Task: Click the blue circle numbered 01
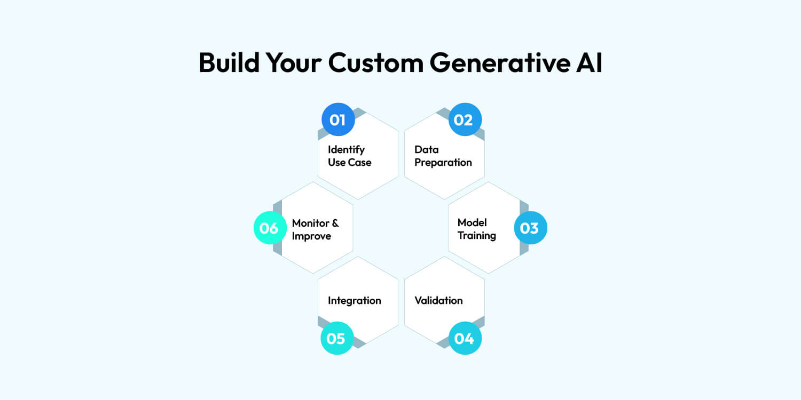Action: [337, 119]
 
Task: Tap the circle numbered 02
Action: [465, 119]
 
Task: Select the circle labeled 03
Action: [530, 228]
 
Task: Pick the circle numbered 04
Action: [465, 338]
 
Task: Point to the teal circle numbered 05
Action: [336, 338]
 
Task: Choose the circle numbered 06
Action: [270, 228]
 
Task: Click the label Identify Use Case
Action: [349, 156]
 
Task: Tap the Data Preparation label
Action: [443, 156]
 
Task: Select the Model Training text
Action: [476, 229]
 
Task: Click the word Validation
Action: [438, 300]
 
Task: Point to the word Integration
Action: [354, 300]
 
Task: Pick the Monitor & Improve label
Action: [315, 229]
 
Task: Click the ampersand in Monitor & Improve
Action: [334, 223]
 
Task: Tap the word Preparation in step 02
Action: [443, 163]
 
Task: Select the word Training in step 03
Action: [476, 236]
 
